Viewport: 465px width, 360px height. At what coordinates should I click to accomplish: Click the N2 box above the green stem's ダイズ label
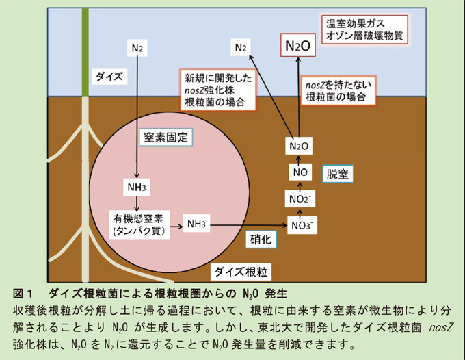(x=137, y=48)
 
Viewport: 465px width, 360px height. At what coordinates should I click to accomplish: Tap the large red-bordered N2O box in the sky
(x=298, y=47)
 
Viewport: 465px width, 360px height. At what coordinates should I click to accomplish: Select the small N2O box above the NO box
(x=298, y=146)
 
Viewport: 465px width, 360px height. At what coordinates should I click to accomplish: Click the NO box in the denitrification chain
(x=298, y=172)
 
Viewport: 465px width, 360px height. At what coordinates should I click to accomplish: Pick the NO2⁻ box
(x=298, y=198)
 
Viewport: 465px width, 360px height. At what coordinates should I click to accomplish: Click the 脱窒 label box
(x=337, y=174)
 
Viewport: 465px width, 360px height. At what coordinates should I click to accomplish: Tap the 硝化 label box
(x=260, y=240)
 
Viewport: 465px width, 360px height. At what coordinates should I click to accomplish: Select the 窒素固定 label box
(x=165, y=137)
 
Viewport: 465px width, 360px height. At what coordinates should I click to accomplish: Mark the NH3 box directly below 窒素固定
(x=137, y=187)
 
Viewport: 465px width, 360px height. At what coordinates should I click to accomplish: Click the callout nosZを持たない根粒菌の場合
(x=340, y=90)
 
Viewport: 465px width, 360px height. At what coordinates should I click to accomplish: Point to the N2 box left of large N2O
(x=239, y=47)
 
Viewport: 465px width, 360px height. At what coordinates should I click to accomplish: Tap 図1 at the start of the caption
(x=25, y=294)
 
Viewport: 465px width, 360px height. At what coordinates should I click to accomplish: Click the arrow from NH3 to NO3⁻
(x=250, y=224)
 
